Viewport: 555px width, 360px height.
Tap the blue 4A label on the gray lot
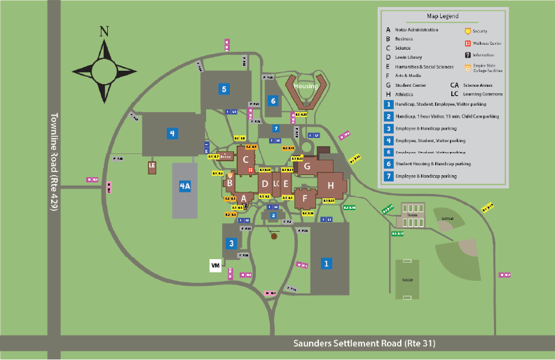click(185, 186)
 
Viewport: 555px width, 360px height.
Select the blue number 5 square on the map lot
click(224, 89)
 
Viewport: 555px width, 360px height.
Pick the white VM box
click(216, 265)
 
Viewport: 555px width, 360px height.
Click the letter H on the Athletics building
click(330, 185)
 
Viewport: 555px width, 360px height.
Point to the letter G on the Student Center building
click(307, 166)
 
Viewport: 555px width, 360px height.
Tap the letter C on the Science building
click(246, 159)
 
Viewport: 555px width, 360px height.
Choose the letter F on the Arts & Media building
click(305, 198)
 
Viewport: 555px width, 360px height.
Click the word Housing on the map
click(306, 86)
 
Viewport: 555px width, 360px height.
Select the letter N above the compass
click(104, 32)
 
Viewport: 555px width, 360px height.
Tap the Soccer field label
click(407, 279)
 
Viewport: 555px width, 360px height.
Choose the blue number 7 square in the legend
click(388, 176)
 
